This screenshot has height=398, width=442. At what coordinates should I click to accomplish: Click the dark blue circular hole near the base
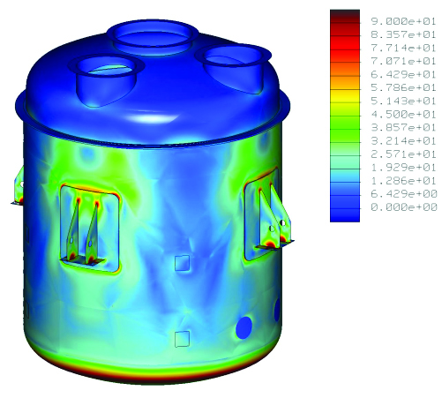pos(244,328)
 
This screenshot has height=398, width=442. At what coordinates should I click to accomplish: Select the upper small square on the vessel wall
pos(181,262)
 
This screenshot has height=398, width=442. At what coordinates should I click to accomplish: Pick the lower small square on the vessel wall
pos(182,338)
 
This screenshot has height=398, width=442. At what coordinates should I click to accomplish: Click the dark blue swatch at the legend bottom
pos(344,210)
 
